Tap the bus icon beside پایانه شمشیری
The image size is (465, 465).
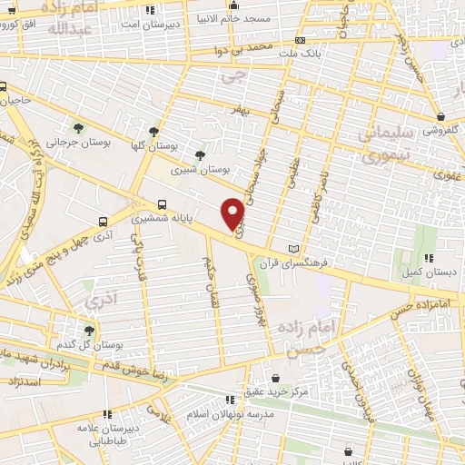point(163,203)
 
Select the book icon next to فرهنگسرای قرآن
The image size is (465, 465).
point(292,248)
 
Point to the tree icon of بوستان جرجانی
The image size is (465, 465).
point(77,126)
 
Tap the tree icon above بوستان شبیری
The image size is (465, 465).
point(200,155)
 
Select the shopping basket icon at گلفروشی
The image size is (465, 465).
point(440,115)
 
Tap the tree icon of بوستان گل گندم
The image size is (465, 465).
point(88,331)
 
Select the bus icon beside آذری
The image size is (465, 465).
point(103,221)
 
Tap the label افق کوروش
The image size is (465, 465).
point(25,23)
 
